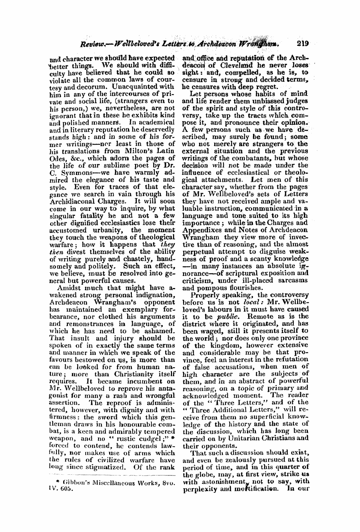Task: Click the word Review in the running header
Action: (92, 35)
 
